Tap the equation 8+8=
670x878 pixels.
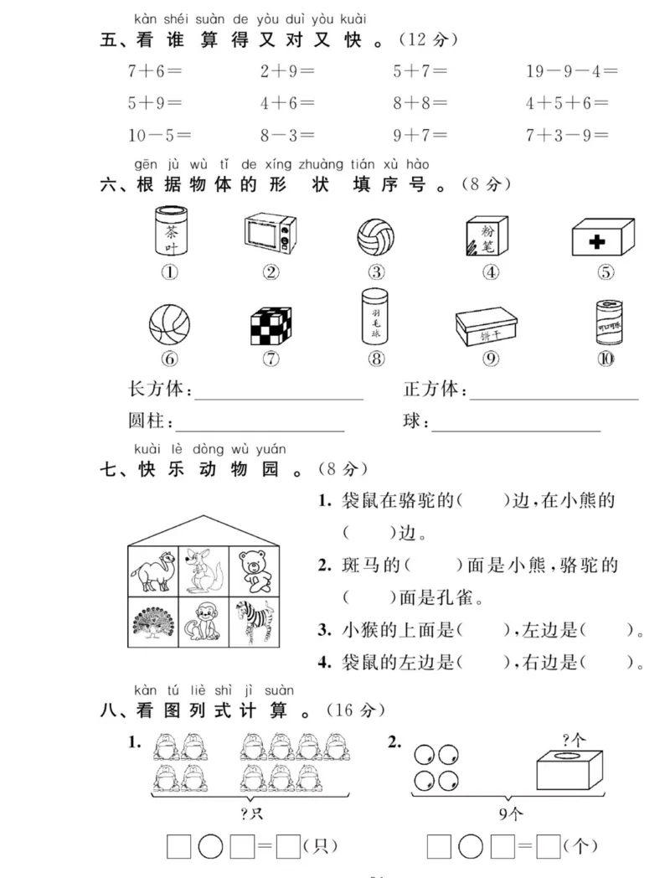pos(420,104)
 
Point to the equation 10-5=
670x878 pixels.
pos(159,135)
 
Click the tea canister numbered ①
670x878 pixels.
pos(170,231)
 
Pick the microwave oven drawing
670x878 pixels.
pos(270,234)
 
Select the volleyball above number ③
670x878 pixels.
pos(376,237)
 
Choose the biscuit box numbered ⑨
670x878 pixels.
pos(490,326)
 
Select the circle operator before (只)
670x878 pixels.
pos(210,846)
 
